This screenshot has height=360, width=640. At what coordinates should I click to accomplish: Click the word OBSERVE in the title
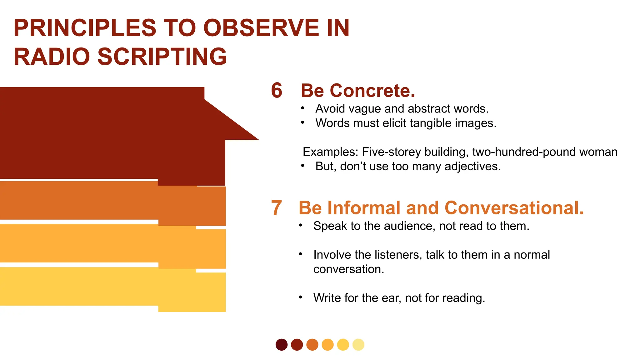pyautogui.click(x=261, y=28)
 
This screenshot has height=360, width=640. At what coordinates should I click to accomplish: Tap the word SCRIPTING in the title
pyautogui.click(x=162, y=57)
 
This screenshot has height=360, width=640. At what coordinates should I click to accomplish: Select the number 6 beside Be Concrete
pyautogui.click(x=277, y=91)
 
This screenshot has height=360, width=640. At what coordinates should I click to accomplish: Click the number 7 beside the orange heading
pyautogui.click(x=276, y=208)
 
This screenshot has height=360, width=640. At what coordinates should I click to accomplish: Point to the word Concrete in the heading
pyautogui.click(x=372, y=91)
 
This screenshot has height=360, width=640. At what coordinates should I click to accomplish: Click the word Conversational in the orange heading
pyautogui.click(x=514, y=208)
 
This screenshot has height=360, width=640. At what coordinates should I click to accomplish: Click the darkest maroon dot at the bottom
pyautogui.click(x=282, y=345)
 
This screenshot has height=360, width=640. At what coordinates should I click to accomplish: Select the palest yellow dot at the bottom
pyautogui.click(x=358, y=345)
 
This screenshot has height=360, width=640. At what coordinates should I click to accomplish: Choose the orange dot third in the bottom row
pyautogui.click(x=312, y=345)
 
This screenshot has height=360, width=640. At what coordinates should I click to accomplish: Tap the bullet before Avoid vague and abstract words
pyautogui.click(x=302, y=108)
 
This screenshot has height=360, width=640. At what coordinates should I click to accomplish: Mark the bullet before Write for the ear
pyautogui.click(x=300, y=297)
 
